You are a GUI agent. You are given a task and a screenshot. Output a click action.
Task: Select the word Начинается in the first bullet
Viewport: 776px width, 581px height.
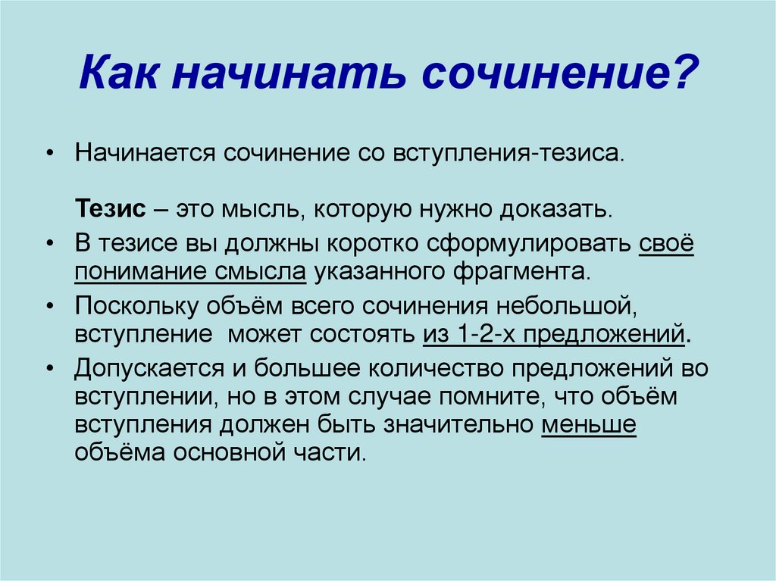[x=145, y=153]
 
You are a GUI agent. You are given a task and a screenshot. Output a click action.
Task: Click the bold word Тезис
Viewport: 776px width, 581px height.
[x=111, y=209]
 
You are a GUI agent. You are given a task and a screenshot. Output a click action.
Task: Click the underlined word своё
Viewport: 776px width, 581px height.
[x=666, y=243]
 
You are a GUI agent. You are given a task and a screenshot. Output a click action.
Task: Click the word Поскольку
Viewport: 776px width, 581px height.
[x=136, y=306]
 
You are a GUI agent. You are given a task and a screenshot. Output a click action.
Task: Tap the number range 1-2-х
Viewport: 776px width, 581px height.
[x=487, y=335]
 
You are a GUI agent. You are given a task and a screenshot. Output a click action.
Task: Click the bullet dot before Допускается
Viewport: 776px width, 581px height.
[x=49, y=369]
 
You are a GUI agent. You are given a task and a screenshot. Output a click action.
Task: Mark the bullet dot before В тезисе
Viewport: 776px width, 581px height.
[x=49, y=244]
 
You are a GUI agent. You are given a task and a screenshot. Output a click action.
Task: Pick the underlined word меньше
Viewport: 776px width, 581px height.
[x=588, y=425]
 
